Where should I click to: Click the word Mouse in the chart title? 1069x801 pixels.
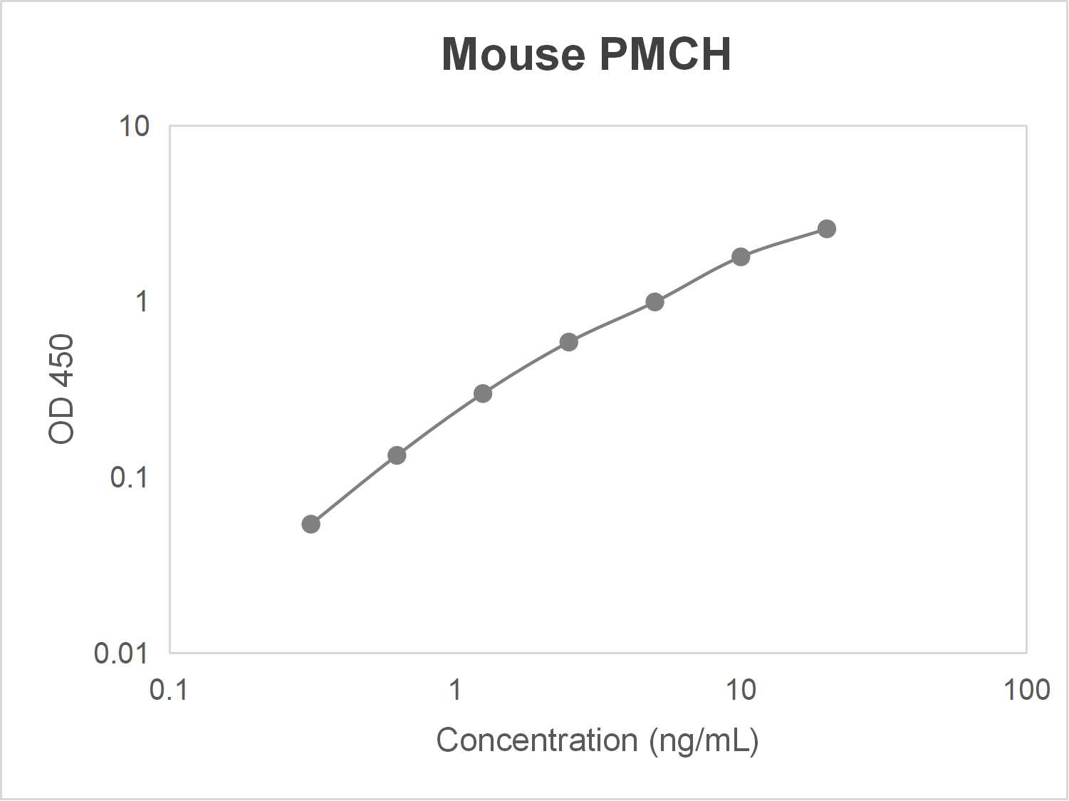click(x=512, y=54)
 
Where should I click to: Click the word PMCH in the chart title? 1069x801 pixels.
click(x=665, y=54)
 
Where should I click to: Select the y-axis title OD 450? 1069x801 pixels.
click(x=62, y=389)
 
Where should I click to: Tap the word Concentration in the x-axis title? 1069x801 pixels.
click(x=536, y=740)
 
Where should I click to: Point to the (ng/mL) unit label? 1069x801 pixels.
click(x=704, y=741)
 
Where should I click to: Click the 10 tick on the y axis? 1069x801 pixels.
click(x=134, y=126)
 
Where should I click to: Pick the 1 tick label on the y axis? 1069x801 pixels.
click(x=142, y=301)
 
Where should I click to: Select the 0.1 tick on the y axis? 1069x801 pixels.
click(x=129, y=477)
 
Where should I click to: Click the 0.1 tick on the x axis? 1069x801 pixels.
click(x=169, y=689)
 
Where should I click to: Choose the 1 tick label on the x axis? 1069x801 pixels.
click(x=455, y=689)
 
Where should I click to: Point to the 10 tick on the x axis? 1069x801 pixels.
click(x=741, y=689)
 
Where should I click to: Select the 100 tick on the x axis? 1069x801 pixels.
click(x=1026, y=689)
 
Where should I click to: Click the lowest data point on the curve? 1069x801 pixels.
click(x=311, y=524)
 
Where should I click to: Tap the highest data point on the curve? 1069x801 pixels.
click(x=826, y=229)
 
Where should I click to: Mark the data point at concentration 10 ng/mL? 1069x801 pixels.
click(x=741, y=257)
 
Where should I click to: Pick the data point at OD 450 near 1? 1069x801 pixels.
click(x=655, y=302)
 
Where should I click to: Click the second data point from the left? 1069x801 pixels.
click(x=397, y=455)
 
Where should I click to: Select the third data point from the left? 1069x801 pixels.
click(x=483, y=393)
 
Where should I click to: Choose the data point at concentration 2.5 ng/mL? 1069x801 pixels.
click(x=568, y=342)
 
